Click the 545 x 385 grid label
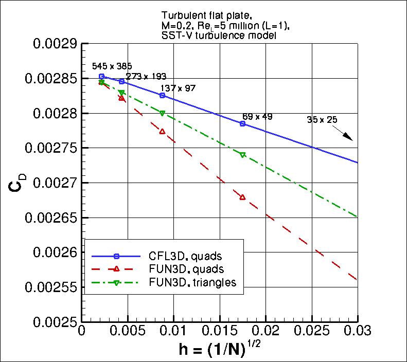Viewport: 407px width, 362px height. [112, 66]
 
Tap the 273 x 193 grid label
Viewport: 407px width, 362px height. [146, 77]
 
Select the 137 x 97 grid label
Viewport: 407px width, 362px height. [178, 88]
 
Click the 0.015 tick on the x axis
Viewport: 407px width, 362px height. [219, 329]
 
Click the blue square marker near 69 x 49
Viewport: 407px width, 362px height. [242, 124]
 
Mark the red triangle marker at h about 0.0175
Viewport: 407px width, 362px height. [242, 197]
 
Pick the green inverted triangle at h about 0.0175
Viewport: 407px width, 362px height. [242, 155]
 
